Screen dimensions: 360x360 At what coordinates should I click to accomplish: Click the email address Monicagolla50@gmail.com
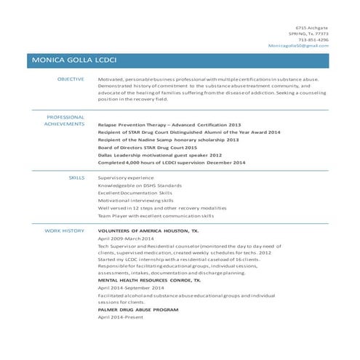[298, 45]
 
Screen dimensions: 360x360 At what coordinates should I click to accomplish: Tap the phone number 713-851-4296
[313, 39]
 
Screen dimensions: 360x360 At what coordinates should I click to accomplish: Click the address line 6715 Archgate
[316, 27]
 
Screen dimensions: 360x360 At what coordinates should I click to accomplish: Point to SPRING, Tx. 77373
[309, 33]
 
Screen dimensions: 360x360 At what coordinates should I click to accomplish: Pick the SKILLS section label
[76, 177]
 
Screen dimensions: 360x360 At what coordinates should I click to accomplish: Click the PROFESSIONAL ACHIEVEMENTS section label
[65, 120]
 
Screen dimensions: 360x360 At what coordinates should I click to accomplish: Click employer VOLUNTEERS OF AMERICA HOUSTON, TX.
[148, 231]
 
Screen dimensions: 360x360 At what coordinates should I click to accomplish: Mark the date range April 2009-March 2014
[126, 239]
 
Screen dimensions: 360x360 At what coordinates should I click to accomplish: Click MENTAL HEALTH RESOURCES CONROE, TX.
[149, 279]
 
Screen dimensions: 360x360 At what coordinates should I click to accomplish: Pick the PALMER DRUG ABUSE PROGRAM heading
[138, 310]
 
